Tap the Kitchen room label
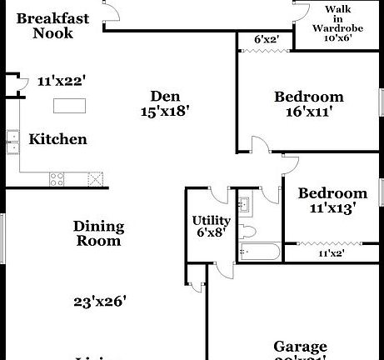tap(57, 139)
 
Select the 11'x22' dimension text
tap(62, 82)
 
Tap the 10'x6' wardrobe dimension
tap(338, 38)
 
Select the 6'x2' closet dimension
tap(266, 38)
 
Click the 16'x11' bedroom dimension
tap(309, 112)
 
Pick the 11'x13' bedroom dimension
tap(332, 208)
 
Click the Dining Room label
tap(98, 233)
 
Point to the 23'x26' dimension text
tap(98, 302)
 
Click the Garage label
tap(300, 347)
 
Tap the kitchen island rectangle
tap(70, 106)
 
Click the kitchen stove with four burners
tap(57, 178)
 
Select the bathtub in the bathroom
tap(258, 252)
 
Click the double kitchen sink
tap(12, 142)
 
